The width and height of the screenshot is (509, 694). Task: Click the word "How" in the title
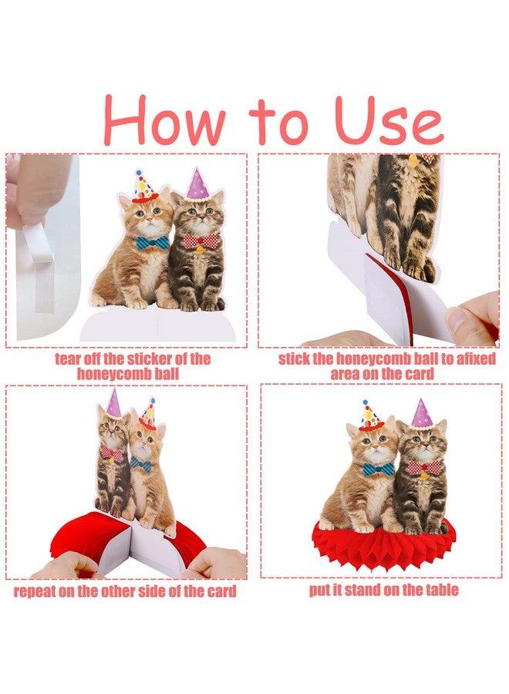(165, 120)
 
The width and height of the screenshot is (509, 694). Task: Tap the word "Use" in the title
(389, 120)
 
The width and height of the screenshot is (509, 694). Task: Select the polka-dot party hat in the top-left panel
(144, 186)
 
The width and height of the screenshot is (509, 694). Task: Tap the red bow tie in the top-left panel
(201, 241)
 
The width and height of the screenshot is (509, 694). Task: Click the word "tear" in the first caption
(68, 359)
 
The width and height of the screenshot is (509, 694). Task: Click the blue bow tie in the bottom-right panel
(379, 469)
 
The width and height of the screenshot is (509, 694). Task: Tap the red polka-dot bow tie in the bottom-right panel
(424, 467)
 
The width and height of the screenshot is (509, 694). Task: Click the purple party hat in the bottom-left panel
(113, 403)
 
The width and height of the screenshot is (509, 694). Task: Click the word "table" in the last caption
(442, 590)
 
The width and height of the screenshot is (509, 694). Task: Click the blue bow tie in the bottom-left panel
(141, 465)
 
